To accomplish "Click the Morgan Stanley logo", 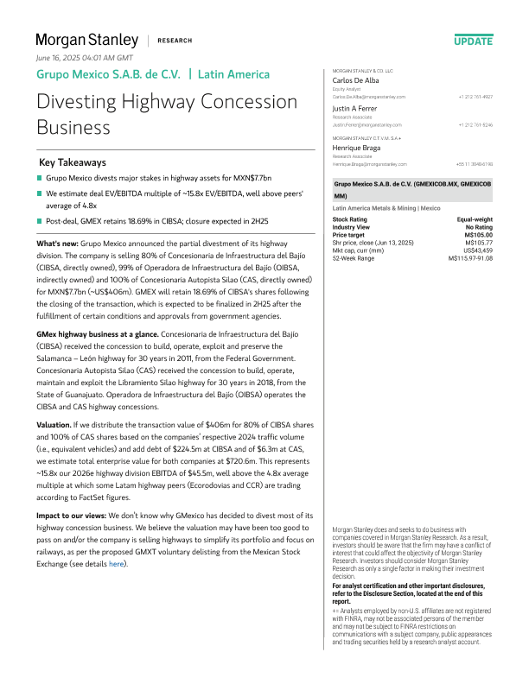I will click(86, 40).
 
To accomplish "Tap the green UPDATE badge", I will click(473, 41).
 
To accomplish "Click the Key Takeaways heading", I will click(73, 162).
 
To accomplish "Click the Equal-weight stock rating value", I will click(475, 219).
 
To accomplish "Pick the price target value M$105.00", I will click(478, 233).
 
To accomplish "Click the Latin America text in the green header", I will click(233, 74).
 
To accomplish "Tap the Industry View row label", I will click(352, 226).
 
